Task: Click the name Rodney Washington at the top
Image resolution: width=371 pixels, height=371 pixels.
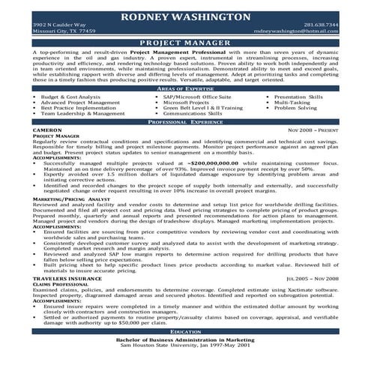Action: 185,16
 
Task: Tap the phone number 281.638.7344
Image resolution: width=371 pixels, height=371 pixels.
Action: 321,25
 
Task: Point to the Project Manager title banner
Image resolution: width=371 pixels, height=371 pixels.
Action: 185,44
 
